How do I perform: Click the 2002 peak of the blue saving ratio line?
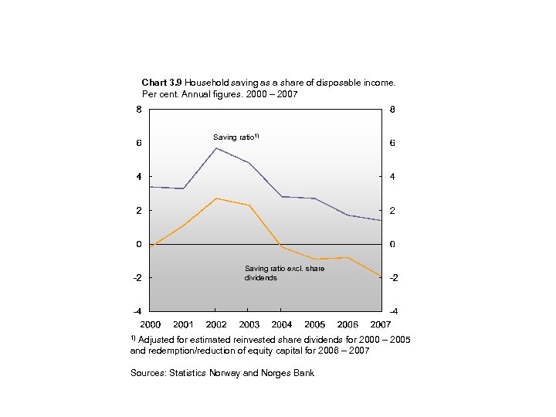[x=216, y=148]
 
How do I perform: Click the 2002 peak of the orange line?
[x=216, y=198]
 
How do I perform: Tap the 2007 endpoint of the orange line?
[x=381, y=276]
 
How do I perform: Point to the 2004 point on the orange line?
[x=282, y=247]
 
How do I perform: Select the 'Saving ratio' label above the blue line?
[x=236, y=137]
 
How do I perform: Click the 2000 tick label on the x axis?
[x=150, y=324]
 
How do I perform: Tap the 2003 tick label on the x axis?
[x=249, y=324]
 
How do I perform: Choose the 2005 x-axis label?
[x=315, y=324]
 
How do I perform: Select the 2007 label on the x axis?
[x=381, y=324]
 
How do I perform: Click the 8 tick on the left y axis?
[x=138, y=110]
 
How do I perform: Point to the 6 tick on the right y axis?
[x=392, y=144]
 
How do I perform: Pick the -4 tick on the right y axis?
[x=394, y=311]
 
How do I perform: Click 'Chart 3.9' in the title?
[x=162, y=82]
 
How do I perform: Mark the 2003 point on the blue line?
[x=249, y=163]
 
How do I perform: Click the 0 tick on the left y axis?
[x=138, y=244]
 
